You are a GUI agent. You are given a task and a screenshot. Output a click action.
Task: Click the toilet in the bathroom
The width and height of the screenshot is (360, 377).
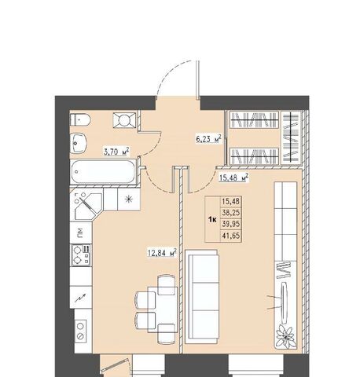(80, 120)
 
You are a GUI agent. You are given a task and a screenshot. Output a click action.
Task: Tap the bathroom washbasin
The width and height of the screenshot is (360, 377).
(78, 143)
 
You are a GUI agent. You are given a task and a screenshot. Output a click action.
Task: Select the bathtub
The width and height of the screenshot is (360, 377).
(103, 172)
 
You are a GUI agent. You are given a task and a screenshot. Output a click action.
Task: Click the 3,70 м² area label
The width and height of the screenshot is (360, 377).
(116, 152)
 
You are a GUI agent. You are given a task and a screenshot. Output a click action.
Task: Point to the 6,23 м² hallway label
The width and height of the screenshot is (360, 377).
(208, 139)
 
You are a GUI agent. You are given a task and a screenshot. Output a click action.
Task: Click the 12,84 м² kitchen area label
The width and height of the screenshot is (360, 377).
(162, 253)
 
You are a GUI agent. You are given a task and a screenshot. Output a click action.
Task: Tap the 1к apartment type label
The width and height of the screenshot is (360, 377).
(212, 220)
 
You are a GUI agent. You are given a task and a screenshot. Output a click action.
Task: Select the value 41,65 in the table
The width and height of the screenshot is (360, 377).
(231, 236)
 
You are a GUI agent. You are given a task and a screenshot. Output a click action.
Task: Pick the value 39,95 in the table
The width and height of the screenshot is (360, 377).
(231, 224)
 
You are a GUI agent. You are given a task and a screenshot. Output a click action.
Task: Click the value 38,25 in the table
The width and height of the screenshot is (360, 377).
(231, 213)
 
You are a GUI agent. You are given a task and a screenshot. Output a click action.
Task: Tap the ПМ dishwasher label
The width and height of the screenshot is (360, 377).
(80, 231)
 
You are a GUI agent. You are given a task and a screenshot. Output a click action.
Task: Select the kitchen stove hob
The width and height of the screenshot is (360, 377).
(81, 255)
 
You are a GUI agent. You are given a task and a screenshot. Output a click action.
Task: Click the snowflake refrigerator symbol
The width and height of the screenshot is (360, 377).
(128, 199)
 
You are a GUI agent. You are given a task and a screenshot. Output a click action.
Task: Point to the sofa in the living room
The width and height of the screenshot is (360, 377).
(201, 296)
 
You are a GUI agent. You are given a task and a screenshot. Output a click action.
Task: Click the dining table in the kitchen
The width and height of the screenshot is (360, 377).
(163, 309)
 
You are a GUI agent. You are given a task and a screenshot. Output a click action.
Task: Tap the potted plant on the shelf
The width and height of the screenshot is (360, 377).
(286, 336)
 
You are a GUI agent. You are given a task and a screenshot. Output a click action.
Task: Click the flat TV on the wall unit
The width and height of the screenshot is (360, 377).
(285, 302)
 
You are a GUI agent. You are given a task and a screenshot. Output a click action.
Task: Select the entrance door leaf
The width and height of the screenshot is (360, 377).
(197, 79)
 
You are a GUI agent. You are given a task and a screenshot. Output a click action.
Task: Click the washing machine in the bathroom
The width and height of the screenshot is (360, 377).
(124, 120)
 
